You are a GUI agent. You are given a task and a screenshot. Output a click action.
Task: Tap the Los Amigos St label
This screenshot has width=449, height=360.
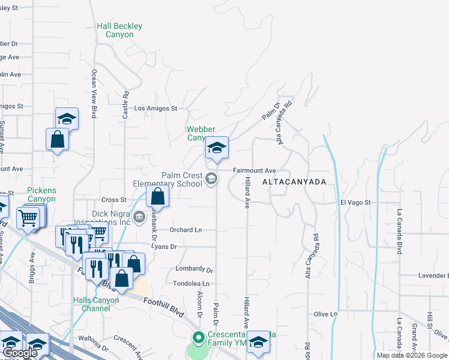155,109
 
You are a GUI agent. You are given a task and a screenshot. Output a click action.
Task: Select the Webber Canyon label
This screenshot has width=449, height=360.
200,133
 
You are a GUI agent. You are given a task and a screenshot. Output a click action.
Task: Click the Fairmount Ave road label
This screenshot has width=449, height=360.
254,170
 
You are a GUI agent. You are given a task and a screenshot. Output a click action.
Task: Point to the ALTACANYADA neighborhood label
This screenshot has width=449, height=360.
294,181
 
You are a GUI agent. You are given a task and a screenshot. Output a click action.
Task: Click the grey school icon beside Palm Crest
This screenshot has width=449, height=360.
211,178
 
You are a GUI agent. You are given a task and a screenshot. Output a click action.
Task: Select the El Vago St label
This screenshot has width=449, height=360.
356,203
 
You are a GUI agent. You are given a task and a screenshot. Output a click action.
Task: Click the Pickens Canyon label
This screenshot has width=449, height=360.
41,194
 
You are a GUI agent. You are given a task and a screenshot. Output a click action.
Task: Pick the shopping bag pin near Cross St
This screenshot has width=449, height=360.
157,196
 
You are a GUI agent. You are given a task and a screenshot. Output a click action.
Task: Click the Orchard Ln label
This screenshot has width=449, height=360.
185,230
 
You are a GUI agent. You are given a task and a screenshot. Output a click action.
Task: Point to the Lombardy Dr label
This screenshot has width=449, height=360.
194,269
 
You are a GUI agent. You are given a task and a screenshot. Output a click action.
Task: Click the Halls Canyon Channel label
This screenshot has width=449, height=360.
92,304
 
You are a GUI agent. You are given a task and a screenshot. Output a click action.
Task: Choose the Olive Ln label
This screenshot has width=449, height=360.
325,314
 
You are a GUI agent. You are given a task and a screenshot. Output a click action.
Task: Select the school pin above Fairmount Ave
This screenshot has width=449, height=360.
217,148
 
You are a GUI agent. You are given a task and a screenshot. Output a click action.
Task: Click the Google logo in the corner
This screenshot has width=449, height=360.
20,353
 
